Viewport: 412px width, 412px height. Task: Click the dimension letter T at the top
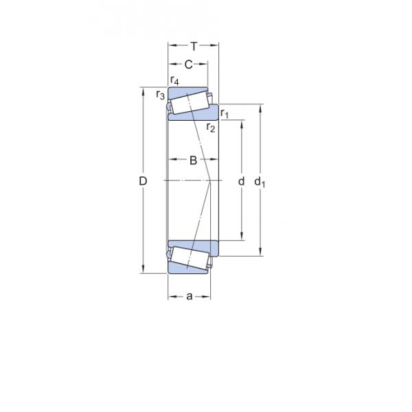click(194, 47)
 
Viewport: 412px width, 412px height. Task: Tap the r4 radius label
click(175, 81)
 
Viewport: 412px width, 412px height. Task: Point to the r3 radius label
click(160, 95)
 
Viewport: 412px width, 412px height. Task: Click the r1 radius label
click(225, 113)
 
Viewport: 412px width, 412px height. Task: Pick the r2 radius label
click(211, 127)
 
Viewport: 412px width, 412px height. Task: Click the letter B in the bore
click(193, 161)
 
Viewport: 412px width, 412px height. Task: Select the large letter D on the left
click(143, 181)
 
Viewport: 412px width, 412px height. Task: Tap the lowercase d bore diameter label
click(240, 181)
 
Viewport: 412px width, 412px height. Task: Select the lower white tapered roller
click(189, 258)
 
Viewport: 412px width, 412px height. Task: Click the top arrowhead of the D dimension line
click(143, 90)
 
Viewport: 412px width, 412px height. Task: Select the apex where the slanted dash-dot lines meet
click(211, 181)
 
